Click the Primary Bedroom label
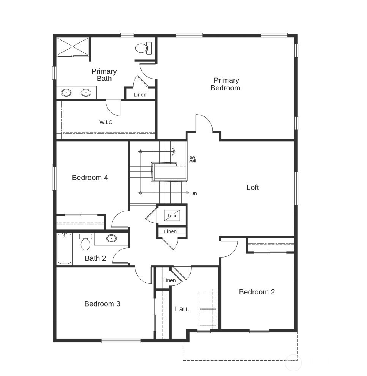226,84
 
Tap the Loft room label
252,187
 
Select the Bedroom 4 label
90,177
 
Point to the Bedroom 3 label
102,304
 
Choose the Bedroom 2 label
257,292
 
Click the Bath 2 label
95,258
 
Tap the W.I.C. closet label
107,122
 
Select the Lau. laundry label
182,309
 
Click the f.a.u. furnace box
172,216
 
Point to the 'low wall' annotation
192,159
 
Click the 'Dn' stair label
194,194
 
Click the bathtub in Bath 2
65,249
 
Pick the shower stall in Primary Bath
72,46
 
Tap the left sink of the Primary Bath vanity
67,92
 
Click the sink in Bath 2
111,239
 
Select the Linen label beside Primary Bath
140,94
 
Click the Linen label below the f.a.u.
170,231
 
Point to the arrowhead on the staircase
173,151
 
